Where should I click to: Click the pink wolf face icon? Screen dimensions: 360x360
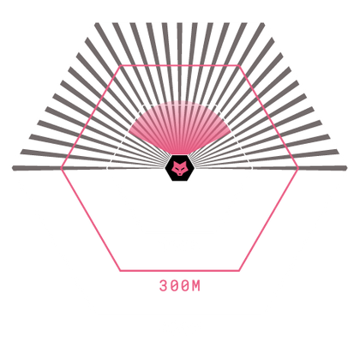[179, 168]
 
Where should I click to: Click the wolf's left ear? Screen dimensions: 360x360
[174, 163]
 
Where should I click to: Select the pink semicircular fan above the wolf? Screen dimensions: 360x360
[180, 126]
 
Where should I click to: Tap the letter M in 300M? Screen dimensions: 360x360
[196, 285]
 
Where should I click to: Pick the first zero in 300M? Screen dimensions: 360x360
[174, 285]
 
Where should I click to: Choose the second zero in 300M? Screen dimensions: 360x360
[185, 285]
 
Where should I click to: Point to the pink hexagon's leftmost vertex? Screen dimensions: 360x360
[61, 169]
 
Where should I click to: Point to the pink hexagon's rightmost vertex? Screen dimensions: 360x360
[298, 169]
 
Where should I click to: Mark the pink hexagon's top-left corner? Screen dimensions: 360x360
[121, 66]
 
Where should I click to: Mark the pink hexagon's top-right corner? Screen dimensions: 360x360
[239, 66]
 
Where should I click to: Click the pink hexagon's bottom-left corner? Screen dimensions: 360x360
[120, 271]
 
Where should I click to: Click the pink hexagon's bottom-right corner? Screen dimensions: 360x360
[239, 271]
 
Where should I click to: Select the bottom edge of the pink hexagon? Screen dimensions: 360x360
[179, 271]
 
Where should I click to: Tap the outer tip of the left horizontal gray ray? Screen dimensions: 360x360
[13, 168]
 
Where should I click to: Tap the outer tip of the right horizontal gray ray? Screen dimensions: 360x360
[346, 168]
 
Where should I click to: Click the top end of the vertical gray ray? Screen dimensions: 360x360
[179, 23]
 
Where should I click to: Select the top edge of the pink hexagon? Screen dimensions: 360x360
[180, 66]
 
